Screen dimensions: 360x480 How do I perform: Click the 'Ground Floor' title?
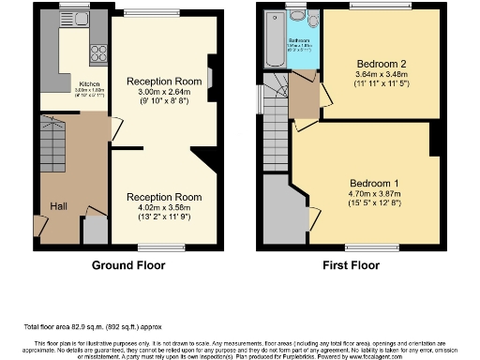point(128,265)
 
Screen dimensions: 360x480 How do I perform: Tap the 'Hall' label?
point(58,206)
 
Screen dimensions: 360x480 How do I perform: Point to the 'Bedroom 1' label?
point(374,182)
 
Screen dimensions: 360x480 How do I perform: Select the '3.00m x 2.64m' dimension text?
point(165,93)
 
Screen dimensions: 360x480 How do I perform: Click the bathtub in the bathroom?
point(275,41)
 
